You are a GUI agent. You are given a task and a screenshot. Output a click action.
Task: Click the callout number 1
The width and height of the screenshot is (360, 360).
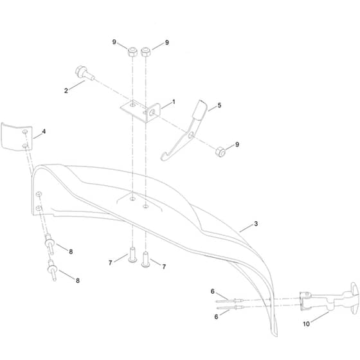coord(174,102)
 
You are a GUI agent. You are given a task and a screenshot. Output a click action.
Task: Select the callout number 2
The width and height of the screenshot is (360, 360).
coord(66,91)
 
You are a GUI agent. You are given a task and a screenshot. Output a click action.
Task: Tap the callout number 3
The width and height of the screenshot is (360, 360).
coord(256,224)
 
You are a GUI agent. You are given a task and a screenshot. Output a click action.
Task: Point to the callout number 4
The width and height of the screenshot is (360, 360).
coord(44,131)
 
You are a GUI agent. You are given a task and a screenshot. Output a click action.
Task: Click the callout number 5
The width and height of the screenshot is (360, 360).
coord(219,105)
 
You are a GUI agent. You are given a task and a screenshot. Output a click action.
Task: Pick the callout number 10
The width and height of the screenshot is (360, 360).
coord(306,324)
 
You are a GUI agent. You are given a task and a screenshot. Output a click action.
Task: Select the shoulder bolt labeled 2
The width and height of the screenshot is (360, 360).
coord(84,73)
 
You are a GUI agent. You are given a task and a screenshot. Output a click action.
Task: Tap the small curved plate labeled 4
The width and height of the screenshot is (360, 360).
coord(16,137)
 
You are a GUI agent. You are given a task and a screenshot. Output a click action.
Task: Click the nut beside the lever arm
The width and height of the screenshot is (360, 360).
coord(221,152)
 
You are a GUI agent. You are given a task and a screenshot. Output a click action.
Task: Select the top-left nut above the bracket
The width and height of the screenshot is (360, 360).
coord(132,51)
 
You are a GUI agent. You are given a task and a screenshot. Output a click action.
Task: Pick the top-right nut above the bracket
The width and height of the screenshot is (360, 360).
coord(145,52)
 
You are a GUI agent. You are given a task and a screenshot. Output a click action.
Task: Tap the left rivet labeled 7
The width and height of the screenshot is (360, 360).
coord(132,255)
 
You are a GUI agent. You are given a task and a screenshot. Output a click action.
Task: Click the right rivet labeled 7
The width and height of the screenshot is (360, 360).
coord(146,260)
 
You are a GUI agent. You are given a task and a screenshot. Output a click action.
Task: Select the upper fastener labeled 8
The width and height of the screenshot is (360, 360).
coord(50,244)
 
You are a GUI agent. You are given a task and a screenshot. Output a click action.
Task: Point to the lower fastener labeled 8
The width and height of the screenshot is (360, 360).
coord(52,270)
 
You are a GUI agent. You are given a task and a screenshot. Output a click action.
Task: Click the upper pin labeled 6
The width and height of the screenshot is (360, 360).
coord(230,301)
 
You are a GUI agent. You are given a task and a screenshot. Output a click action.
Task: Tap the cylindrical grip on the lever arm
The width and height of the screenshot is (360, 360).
coord(199,110)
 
